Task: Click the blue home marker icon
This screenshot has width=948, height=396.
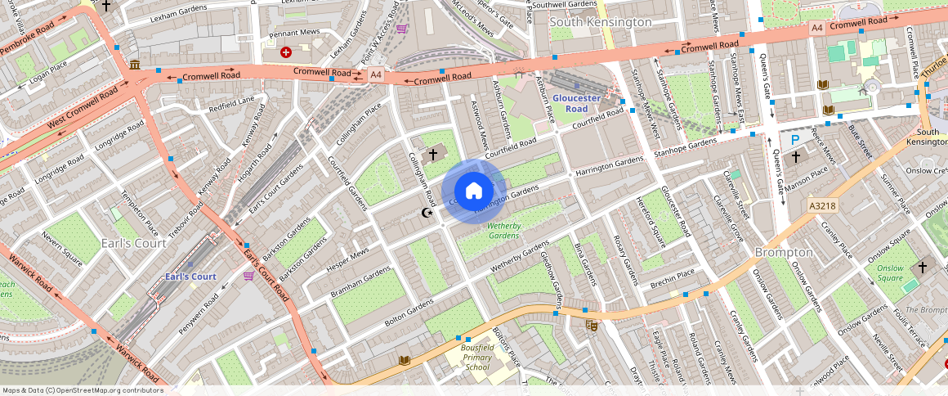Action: pyautogui.click(x=473, y=191)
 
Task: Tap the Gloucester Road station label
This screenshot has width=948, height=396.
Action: pyautogui.click(x=576, y=103)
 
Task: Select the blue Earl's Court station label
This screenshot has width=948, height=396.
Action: pyautogui.click(x=190, y=277)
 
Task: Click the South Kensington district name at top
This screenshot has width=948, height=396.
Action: pyautogui.click(x=600, y=22)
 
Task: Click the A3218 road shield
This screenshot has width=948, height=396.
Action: pyautogui.click(x=821, y=205)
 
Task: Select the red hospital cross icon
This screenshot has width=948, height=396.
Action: pyautogui.click(x=286, y=52)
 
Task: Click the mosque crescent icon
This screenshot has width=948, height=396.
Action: pyautogui.click(x=425, y=213)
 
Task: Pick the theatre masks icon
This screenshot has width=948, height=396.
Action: pyautogui.click(x=592, y=326)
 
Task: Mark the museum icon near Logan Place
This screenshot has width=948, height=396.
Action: pyautogui.click(x=133, y=65)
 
